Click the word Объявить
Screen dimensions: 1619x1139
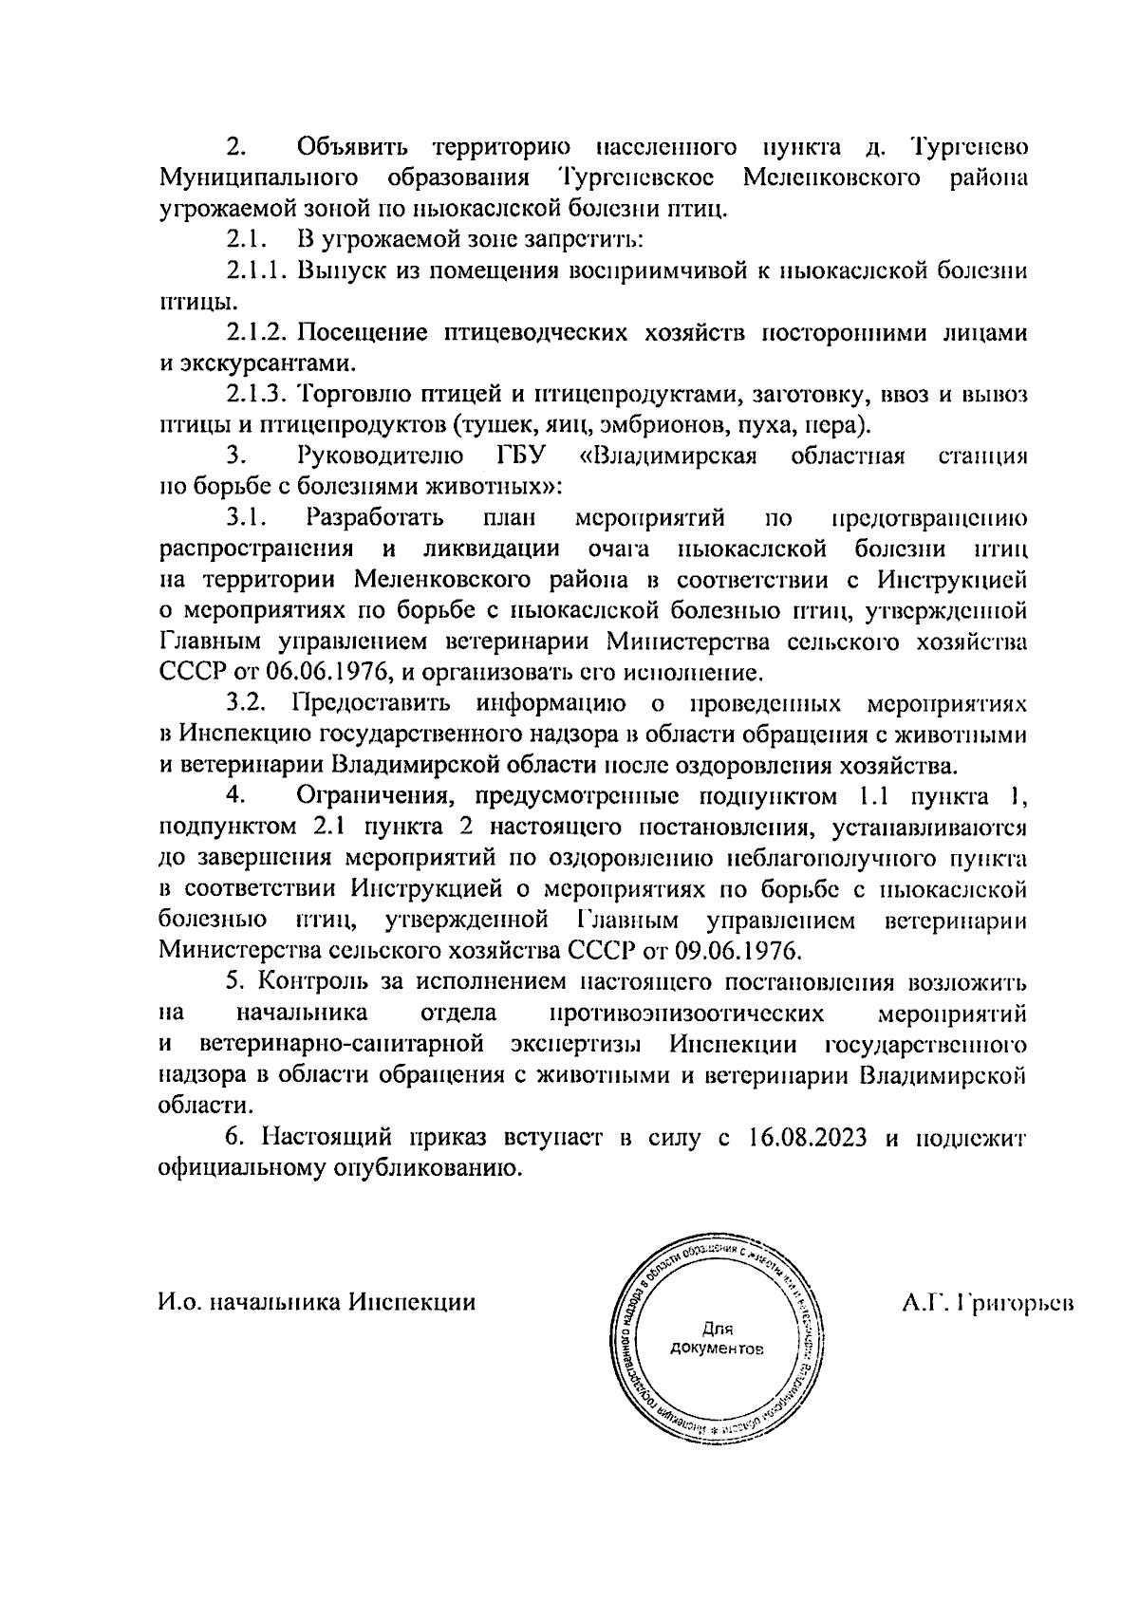352,148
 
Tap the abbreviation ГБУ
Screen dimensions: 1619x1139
523,456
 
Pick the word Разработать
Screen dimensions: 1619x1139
375,518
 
